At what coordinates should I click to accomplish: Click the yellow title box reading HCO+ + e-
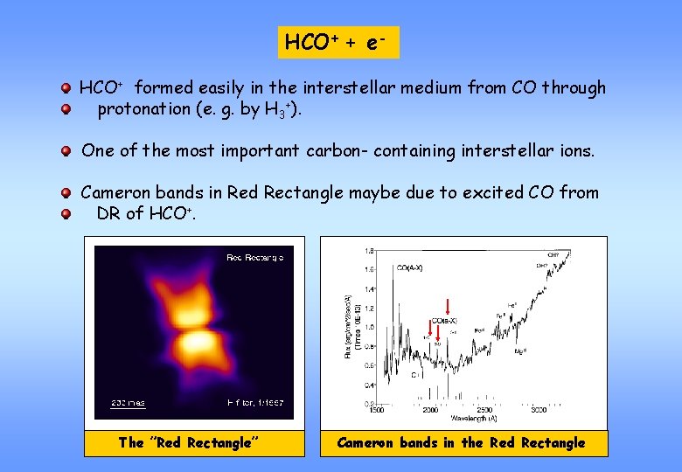(x=338, y=42)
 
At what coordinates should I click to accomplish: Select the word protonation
(x=148, y=109)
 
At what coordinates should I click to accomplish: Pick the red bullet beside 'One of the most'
(x=66, y=151)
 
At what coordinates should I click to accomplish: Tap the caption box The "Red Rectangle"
(x=194, y=442)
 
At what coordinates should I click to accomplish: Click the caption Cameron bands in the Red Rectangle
(x=461, y=442)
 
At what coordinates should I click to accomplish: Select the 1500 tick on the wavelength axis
(x=375, y=410)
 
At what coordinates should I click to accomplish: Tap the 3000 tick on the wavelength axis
(x=539, y=410)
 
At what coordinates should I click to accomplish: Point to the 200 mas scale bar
(x=128, y=403)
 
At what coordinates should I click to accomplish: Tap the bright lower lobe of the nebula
(x=198, y=343)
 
